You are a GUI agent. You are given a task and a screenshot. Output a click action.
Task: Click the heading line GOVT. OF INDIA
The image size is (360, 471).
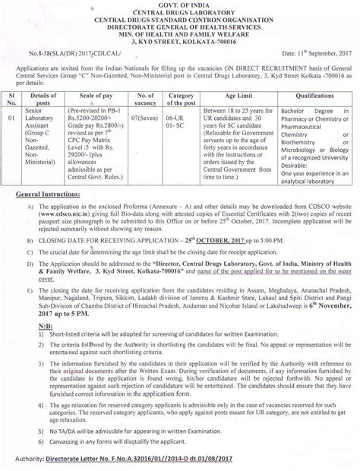pyautogui.click(x=179, y=5)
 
